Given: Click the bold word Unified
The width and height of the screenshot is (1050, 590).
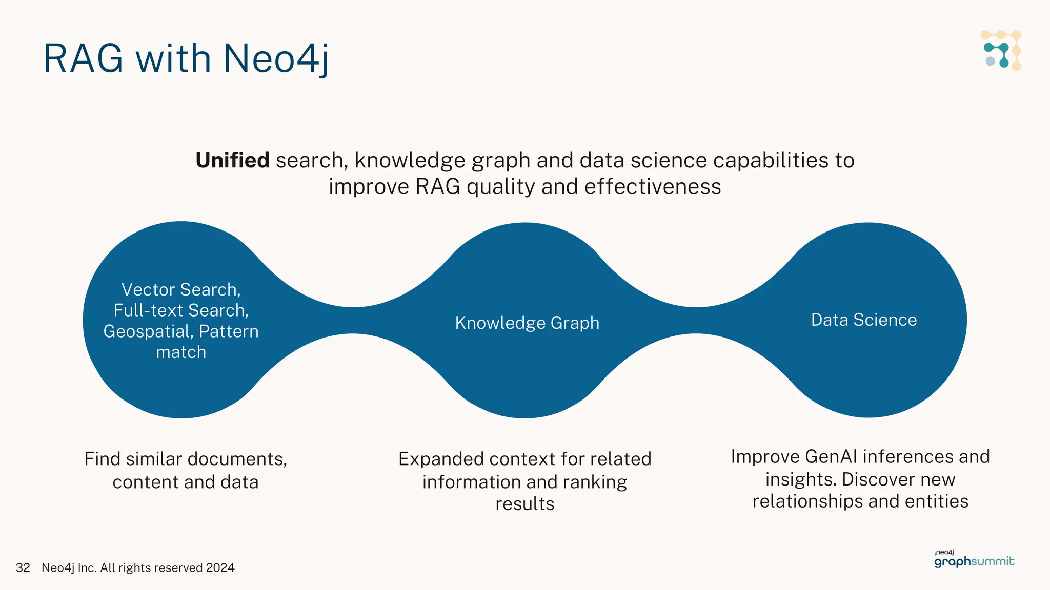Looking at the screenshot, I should pyautogui.click(x=232, y=160).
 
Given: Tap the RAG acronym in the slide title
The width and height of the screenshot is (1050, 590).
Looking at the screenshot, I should pyautogui.click(x=83, y=58).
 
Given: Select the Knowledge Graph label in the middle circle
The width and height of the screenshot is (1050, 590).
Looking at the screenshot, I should pyautogui.click(x=527, y=323).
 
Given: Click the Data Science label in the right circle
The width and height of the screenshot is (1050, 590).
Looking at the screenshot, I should pyautogui.click(x=863, y=320).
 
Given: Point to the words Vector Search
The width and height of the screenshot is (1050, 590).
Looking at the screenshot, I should pyautogui.click(x=180, y=290).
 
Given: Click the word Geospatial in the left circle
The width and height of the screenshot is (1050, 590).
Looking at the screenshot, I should pyautogui.click(x=148, y=332).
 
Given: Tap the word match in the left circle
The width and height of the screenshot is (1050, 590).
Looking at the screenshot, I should pyautogui.click(x=181, y=352).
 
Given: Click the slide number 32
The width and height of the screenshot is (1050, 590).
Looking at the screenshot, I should pyautogui.click(x=23, y=567).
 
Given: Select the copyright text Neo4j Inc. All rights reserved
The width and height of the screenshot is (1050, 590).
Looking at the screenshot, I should pyautogui.click(x=137, y=567).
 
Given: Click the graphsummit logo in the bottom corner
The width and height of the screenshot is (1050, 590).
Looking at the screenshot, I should pyautogui.click(x=974, y=560).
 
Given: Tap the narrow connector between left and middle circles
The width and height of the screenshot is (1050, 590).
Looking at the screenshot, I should pyautogui.click(x=354, y=321).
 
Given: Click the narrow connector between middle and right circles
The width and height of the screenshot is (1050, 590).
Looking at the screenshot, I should pyautogui.click(x=696, y=321).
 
